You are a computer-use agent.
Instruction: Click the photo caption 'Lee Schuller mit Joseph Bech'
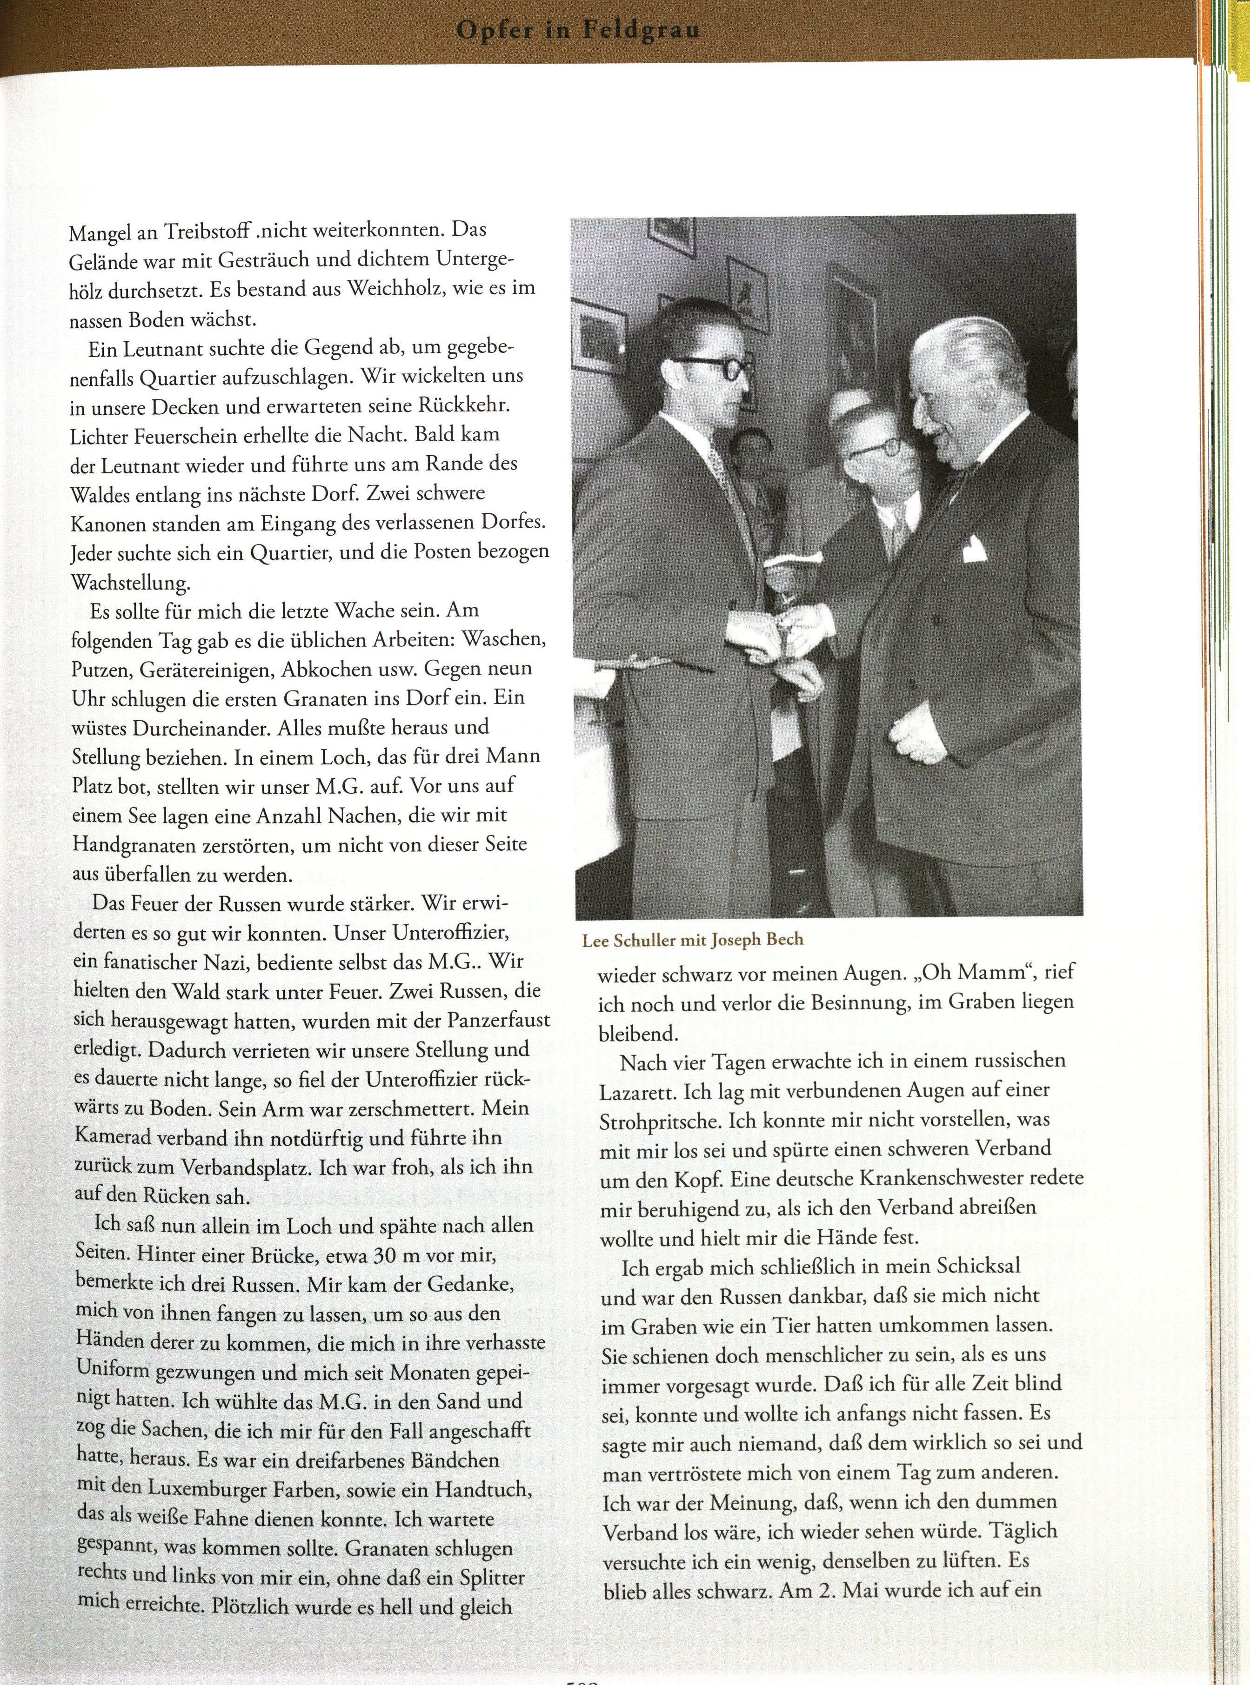tap(692, 940)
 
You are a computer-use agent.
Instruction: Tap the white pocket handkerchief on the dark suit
tap(975, 550)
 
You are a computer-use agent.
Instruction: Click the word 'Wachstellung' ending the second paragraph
tap(131, 582)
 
